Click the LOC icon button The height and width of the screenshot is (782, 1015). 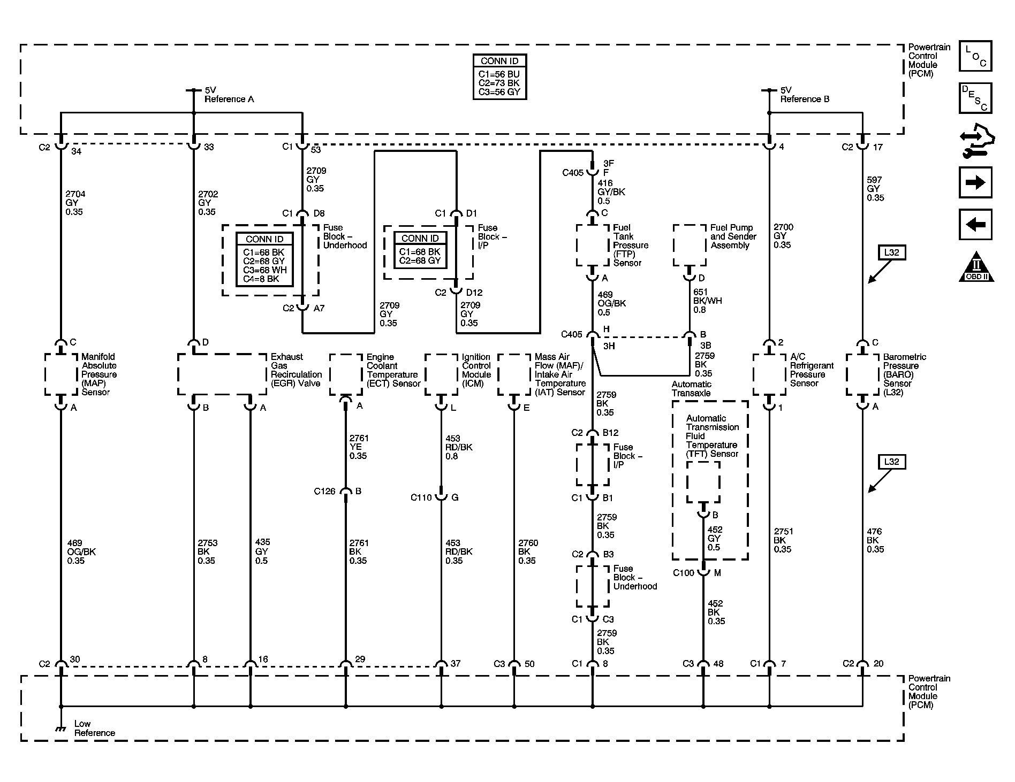975,56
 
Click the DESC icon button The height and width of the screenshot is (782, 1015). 975,98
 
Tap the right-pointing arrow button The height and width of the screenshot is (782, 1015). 975,182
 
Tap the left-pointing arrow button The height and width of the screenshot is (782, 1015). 975,224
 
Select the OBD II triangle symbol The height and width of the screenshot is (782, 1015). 976,267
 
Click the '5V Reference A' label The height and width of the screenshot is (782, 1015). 229,95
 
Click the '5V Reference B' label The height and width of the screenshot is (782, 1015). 804,95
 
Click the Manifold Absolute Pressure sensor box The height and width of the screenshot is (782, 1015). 60,374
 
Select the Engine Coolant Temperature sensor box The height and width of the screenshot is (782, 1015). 346,374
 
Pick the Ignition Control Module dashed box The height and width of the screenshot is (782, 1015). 441,374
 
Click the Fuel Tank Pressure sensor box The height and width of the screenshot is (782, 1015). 592,245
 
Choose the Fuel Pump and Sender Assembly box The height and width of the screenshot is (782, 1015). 689,245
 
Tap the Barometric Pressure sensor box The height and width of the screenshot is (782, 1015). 862,374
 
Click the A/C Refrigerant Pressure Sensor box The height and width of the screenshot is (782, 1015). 769,374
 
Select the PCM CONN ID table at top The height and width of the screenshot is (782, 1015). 500,76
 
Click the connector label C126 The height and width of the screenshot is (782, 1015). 324,491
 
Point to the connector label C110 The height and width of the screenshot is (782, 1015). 421,497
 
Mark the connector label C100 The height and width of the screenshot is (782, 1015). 684,573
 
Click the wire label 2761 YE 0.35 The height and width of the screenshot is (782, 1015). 359,447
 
